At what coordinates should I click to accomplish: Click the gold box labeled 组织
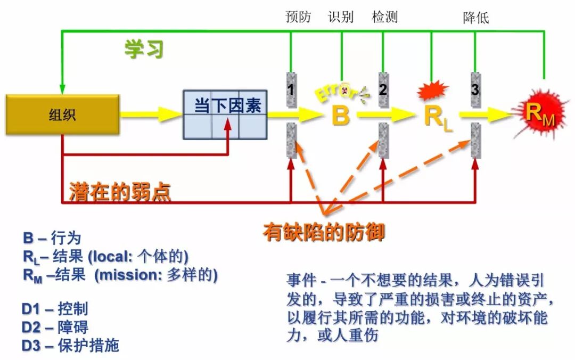tap(62, 114)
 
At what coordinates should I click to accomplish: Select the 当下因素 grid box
tap(225, 114)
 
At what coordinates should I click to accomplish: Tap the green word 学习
tap(144, 49)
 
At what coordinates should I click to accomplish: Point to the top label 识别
tap(341, 17)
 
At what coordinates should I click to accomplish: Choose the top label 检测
tap(384, 17)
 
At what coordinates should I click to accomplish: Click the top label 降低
tap(475, 18)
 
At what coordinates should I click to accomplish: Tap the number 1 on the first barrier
tap(291, 89)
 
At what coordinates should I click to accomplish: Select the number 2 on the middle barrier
tap(383, 89)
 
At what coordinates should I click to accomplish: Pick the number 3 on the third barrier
tap(475, 89)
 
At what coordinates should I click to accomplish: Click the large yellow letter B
tap(340, 115)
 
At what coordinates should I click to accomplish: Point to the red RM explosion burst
tap(539, 113)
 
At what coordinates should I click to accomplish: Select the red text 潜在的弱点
tap(120, 192)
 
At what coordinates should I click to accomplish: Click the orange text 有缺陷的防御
tap(324, 232)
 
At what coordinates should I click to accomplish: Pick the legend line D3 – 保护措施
tap(70, 345)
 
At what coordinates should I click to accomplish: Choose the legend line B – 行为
tap(52, 238)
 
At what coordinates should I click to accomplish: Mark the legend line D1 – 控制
tap(55, 309)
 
